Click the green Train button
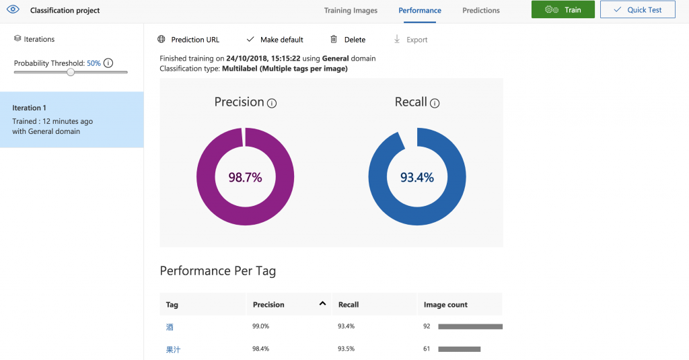[563, 10]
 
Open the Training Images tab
[351, 11]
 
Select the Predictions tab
[481, 11]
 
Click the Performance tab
[420, 11]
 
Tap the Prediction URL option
[188, 40]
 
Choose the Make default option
[275, 40]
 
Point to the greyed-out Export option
[410, 40]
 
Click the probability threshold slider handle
[71, 72]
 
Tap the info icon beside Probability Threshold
[108, 63]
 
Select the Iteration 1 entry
[71, 119]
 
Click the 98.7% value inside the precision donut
[245, 178]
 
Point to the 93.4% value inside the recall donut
[417, 178]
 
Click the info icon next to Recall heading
[435, 104]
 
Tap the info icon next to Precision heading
[272, 104]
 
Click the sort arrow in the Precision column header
[323, 304]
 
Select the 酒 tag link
[170, 327]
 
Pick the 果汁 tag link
[174, 350]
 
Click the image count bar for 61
[460, 349]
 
